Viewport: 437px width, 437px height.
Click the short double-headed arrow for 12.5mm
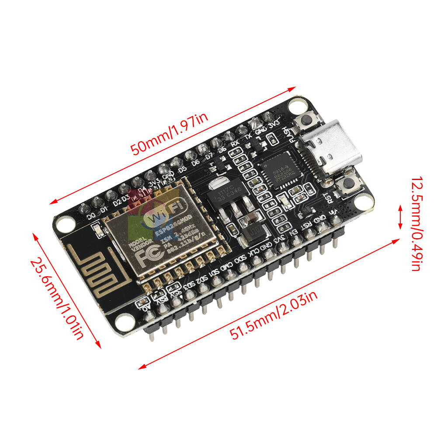(400, 217)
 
